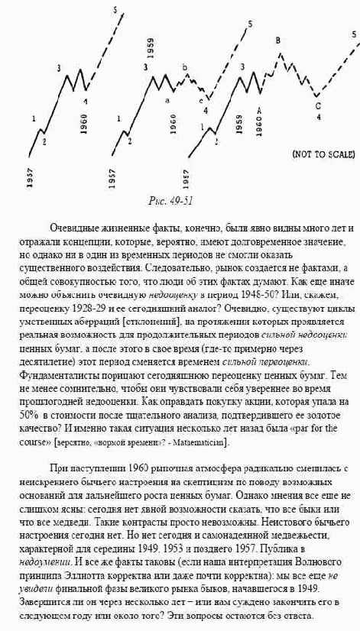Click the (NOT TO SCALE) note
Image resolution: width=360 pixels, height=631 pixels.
click(323, 153)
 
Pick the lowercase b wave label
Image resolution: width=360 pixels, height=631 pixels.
click(185, 68)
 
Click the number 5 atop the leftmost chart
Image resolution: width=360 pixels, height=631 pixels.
click(115, 10)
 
